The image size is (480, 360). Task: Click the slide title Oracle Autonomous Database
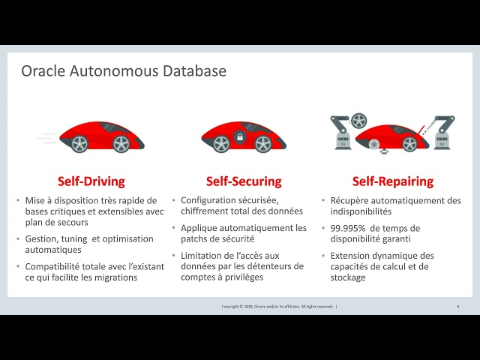coord(124,71)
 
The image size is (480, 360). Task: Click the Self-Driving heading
coord(91,181)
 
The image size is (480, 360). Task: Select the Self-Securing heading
coord(244,181)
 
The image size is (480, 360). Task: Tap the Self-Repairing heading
coord(393,181)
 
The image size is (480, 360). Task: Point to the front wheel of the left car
coord(120,142)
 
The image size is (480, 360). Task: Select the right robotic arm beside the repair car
coord(444,131)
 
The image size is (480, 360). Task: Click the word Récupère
coord(352,200)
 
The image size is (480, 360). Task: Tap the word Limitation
coord(204,255)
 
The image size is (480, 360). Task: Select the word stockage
coord(348,277)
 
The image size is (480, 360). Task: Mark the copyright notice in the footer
coord(278,306)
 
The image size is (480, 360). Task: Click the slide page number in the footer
coord(457,306)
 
